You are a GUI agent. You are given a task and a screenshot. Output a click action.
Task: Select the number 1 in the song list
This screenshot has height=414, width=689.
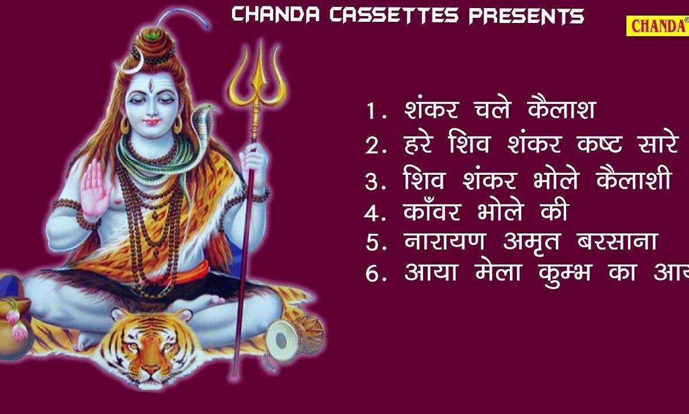(x=371, y=112)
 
